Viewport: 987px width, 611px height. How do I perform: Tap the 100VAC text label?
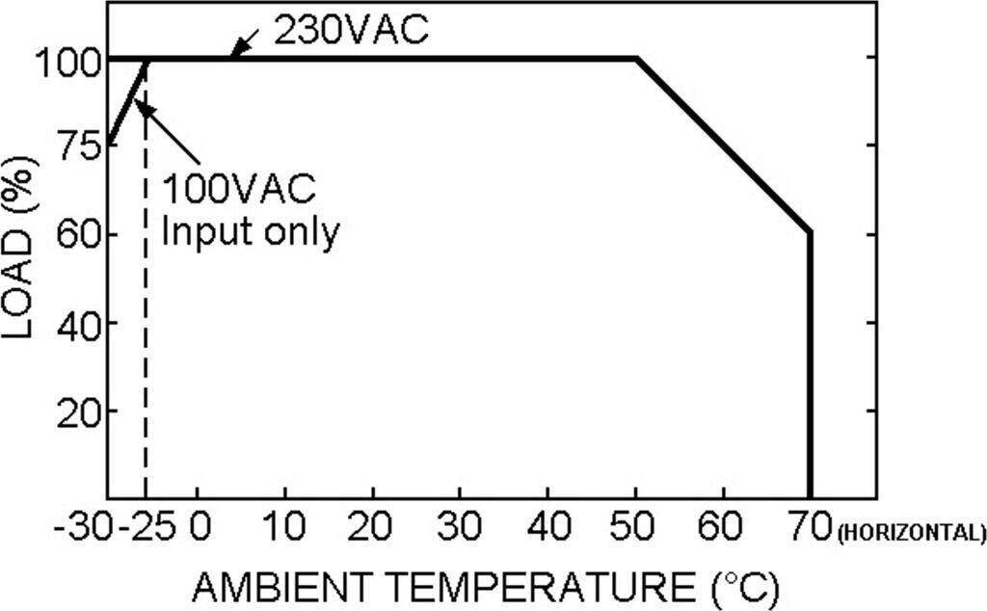238,189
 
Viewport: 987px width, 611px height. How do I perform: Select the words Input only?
250,231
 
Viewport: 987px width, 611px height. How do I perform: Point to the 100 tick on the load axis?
66,61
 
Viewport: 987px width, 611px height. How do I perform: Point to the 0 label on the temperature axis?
199,529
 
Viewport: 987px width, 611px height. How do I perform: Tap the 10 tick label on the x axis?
284,529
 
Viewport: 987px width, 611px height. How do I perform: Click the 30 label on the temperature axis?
460,529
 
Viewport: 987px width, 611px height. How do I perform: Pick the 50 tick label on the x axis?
635,529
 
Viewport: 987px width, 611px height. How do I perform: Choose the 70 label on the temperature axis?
811,529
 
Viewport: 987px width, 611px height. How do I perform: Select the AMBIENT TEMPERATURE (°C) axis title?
485,585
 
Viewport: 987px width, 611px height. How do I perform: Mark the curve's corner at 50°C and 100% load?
636,59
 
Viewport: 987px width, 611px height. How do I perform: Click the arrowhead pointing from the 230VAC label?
233,52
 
